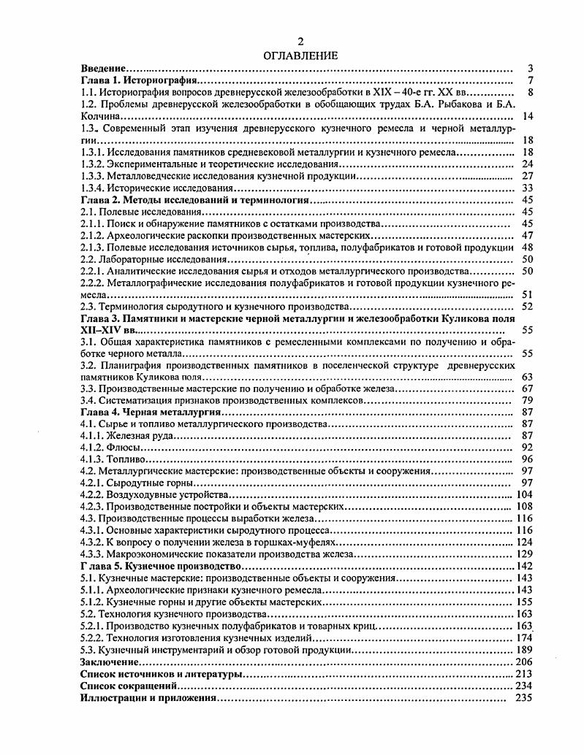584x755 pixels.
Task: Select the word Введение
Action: tap(102, 68)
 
